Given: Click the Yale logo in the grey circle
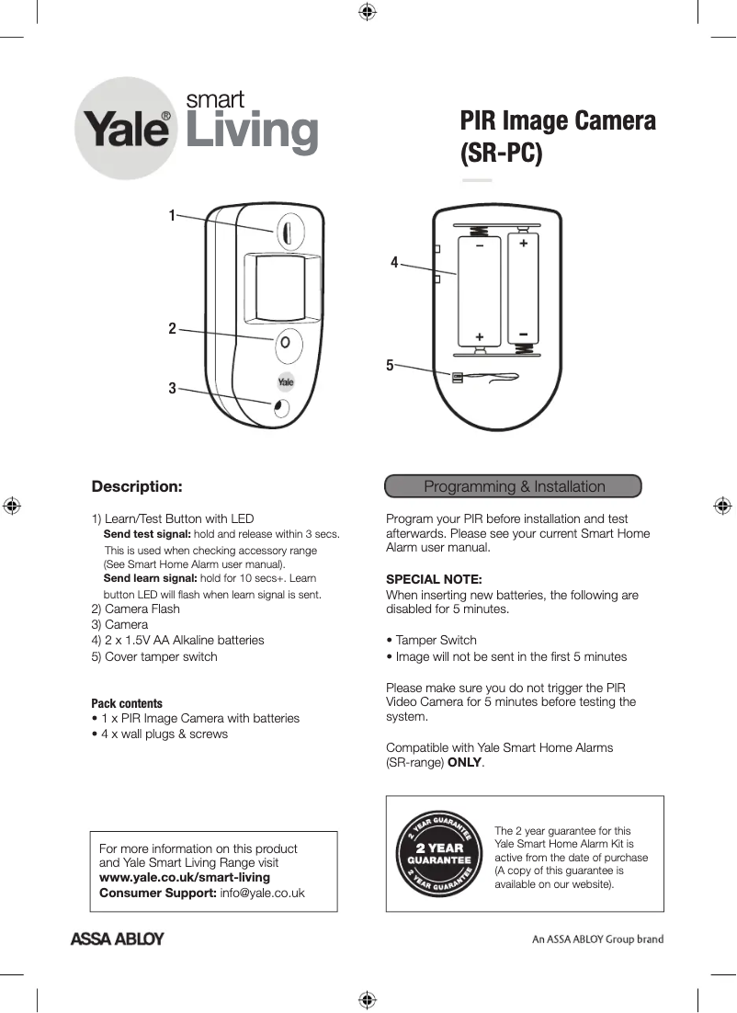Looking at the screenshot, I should [127, 129].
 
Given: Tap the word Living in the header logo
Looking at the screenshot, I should [252, 131].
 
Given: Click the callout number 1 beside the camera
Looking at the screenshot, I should [171, 215].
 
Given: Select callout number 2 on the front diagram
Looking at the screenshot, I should [172, 328].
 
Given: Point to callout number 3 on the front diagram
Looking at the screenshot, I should [172, 389].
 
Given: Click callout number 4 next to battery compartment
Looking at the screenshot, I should [394, 262].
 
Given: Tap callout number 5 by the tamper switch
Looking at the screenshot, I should [390, 365].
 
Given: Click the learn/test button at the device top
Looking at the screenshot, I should [287, 231].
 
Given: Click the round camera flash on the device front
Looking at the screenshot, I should [286, 342].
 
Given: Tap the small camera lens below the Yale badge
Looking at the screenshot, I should [281, 407].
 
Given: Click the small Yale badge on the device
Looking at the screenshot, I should [286, 382].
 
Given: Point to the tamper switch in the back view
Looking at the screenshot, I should [458, 376].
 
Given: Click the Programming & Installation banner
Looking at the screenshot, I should [513, 486].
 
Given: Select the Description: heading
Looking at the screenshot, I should [137, 486].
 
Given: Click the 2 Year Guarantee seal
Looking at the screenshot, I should [438, 854].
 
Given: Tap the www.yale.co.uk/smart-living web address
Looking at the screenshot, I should [185, 878].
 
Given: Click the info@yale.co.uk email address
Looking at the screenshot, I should [262, 893].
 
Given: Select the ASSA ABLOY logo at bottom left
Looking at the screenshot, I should [118, 939].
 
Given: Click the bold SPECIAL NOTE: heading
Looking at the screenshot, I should [434, 579].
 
